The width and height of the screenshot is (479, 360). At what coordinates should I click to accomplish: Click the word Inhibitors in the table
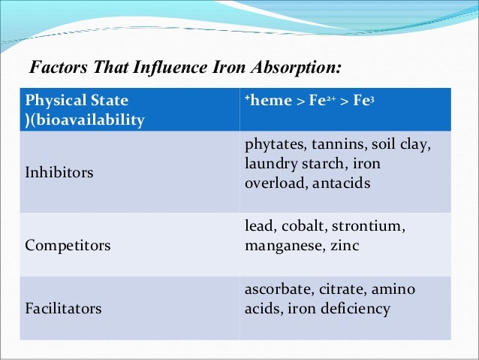point(59,173)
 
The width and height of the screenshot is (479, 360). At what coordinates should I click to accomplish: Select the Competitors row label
point(67,245)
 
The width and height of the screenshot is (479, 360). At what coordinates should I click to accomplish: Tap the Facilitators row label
point(64,308)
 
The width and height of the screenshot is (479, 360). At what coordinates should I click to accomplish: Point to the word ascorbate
point(278,289)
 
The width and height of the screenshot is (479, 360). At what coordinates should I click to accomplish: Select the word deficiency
point(354,309)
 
